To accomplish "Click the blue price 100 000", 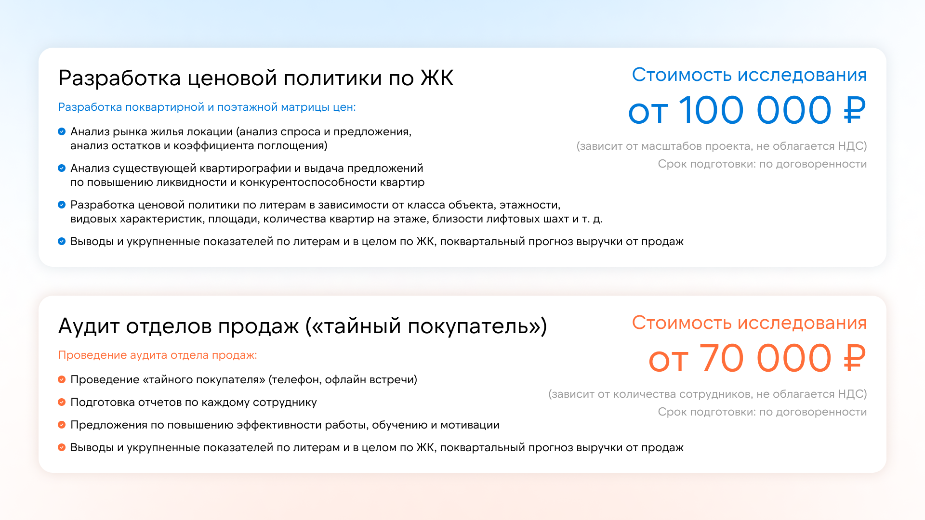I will [x=755, y=110].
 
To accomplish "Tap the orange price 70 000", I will [x=765, y=358].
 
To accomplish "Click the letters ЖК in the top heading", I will [x=437, y=78].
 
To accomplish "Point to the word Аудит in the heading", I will [x=89, y=326].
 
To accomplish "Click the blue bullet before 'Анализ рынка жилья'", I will [x=62, y=131].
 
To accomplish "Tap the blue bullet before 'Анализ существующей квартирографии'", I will [x=62, y=168].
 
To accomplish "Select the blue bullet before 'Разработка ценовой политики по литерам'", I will [x=62, y=205].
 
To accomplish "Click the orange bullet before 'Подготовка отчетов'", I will [x=62, y=402].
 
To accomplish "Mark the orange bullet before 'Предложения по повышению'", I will [x=62, y=425].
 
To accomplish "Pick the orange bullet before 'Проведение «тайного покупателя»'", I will [x=62, y=379].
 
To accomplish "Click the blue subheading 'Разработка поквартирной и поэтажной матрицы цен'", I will [x=207, y=107].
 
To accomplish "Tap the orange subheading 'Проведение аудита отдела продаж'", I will [x=157, y=355].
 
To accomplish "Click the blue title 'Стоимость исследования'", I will [x=749, y=75].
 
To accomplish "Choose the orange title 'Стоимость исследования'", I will [x=749, y=323].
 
